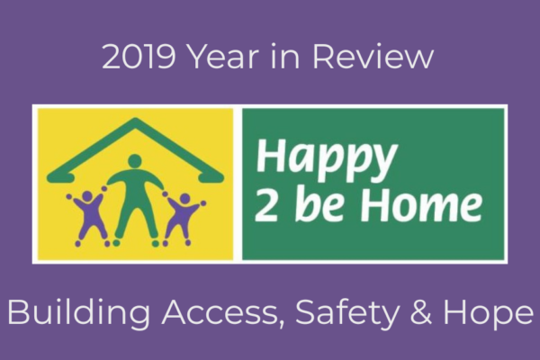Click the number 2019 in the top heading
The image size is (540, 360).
[x=139, y=57]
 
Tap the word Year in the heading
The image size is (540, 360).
[x=224, y=57]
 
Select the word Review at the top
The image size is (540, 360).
[x=373, y=57]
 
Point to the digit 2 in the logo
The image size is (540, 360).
[x=266, y=204]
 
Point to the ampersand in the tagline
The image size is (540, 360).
[x=421, y=312]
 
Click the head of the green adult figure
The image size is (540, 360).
[x=135, y=161]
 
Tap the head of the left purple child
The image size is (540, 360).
[x=86, y=196]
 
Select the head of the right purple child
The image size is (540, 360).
[x=184, y=198]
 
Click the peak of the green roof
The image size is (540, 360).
[x=135, y=121]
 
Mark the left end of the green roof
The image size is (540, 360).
[x=49, y=177]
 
